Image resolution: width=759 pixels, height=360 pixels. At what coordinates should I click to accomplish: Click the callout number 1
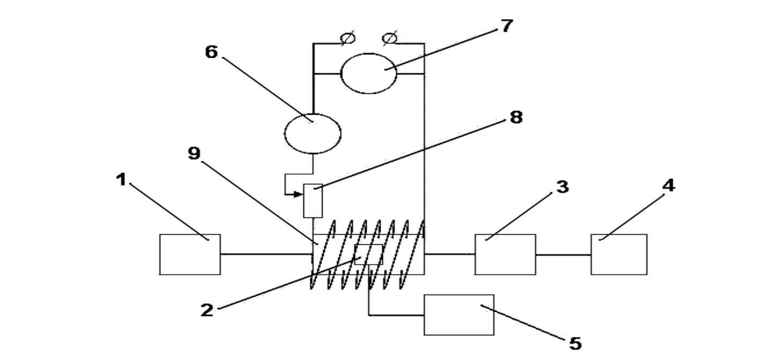tap(121, 179)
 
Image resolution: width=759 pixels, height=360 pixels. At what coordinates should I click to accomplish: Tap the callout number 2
tap(207, 310)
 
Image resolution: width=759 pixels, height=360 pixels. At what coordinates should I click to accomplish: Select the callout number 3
tap(562, 187)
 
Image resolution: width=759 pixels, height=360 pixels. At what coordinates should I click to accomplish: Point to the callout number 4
tap(668, 185)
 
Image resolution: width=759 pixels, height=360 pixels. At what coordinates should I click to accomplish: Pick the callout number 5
tap(575, 343)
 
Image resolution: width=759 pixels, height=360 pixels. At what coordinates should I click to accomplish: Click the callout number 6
tap(211, 52)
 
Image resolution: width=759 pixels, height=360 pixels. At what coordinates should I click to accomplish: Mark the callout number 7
tap(507, 26)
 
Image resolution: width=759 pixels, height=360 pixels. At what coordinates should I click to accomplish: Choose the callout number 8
tap(516, 117)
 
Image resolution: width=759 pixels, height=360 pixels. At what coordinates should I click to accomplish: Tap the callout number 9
tap(194, 153)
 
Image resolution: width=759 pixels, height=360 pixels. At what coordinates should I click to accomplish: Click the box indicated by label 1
tap(190, 254)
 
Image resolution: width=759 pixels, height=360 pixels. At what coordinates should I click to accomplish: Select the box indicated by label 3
tap(505, 254)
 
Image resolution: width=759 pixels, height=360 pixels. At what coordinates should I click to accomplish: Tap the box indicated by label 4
tap(619, 254)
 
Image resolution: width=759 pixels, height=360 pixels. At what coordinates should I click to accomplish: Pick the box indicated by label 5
tap(459, 315)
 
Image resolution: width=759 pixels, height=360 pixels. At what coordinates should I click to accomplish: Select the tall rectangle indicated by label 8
tap(312, 201)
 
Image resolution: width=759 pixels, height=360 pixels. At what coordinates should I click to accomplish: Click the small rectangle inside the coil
tap(368, 254)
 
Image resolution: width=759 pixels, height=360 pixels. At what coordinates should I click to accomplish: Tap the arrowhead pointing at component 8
tap(298, 194)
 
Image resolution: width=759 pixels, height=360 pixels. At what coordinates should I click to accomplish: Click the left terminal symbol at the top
tap(348, 38)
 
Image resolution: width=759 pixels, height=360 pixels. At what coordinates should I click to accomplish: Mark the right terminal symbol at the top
tap(390, 38)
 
